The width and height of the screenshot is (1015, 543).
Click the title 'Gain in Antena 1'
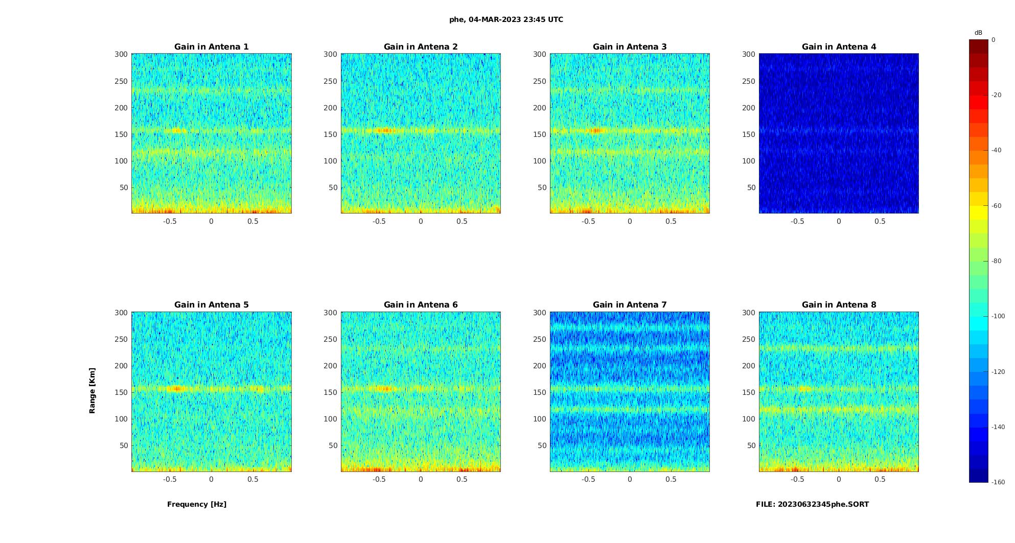[211, 46]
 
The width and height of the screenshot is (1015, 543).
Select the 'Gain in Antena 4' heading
[839, 46]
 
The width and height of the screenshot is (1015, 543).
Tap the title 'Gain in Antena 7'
[630, 304]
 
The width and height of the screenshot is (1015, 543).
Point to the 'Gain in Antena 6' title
[421, 304]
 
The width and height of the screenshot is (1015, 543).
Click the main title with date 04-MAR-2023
[506, 19]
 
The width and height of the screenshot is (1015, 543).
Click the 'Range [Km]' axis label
[92, 390]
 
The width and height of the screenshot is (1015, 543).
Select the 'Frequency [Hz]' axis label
[197, 504]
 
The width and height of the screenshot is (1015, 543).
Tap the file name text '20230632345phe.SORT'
[823, 504]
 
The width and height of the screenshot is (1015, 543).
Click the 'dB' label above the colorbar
[978, 33]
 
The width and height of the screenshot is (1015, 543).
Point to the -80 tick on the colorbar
[997, 261]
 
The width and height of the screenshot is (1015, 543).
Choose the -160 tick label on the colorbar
[998, 482]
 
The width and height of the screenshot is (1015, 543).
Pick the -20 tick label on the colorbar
[997, 95]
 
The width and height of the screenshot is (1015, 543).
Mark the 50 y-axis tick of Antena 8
[751, 445]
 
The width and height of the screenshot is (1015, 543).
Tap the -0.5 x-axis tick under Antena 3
[588, 221]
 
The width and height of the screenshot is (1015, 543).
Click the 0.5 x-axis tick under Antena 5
[253, 479]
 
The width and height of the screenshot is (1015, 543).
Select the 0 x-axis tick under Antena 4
[839, 221]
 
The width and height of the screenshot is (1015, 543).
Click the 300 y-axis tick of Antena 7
[539, 313]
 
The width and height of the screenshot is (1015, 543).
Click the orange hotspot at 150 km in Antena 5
[176, 389]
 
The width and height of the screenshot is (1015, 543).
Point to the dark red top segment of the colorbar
[979, 46]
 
